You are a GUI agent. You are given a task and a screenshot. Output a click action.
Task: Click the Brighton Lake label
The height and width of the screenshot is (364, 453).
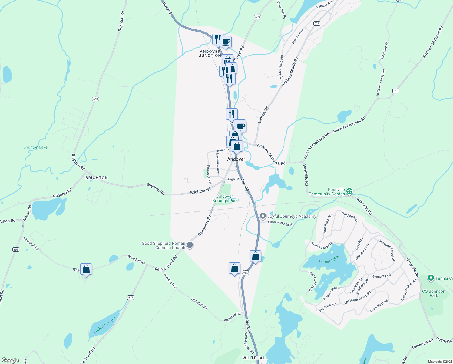pos(35,147)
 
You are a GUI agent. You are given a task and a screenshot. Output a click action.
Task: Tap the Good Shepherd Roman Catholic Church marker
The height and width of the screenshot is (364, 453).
pos(190,245)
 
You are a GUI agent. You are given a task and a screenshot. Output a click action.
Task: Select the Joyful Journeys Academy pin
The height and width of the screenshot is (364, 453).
pos(263,216)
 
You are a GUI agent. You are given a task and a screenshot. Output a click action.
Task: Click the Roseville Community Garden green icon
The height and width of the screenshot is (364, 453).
pos(349,191)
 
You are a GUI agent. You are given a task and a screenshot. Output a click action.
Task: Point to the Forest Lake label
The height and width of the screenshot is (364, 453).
pos(329,260)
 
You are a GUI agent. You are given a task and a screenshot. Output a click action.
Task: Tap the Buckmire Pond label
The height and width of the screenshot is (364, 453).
pos(105,325)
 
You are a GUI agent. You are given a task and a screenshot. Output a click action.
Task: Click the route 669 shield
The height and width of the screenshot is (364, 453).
pos(257,17)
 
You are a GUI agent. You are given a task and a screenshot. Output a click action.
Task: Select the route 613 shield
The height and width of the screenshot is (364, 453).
pos(395,91)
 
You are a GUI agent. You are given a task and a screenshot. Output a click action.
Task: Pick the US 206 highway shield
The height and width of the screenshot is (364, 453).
pos(246,273)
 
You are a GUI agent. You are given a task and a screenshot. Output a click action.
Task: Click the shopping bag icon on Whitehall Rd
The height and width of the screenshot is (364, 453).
pos(86,269)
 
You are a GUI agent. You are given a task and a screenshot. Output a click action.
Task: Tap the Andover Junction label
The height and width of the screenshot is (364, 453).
pos(210,54)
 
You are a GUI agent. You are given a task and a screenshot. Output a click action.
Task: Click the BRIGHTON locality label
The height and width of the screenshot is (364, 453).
pos(97,178)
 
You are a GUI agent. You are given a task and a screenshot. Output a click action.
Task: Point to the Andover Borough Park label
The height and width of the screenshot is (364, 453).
pos(225,198)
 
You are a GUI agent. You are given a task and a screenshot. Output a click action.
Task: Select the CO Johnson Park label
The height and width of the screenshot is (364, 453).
pos(434,293)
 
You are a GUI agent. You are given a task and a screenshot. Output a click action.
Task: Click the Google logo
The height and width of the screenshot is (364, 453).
pos(10,360)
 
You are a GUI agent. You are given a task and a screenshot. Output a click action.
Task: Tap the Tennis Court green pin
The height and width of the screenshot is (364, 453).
pos(431,278)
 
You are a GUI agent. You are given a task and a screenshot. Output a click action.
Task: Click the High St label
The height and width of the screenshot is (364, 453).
pos(233,179)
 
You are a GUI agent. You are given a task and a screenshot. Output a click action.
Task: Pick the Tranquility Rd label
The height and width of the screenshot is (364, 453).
pos(204,226)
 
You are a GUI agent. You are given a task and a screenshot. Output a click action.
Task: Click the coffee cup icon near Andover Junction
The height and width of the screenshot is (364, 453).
pos(226,42)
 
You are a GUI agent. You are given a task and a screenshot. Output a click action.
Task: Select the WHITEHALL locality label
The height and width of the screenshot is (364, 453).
pos(255,358)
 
